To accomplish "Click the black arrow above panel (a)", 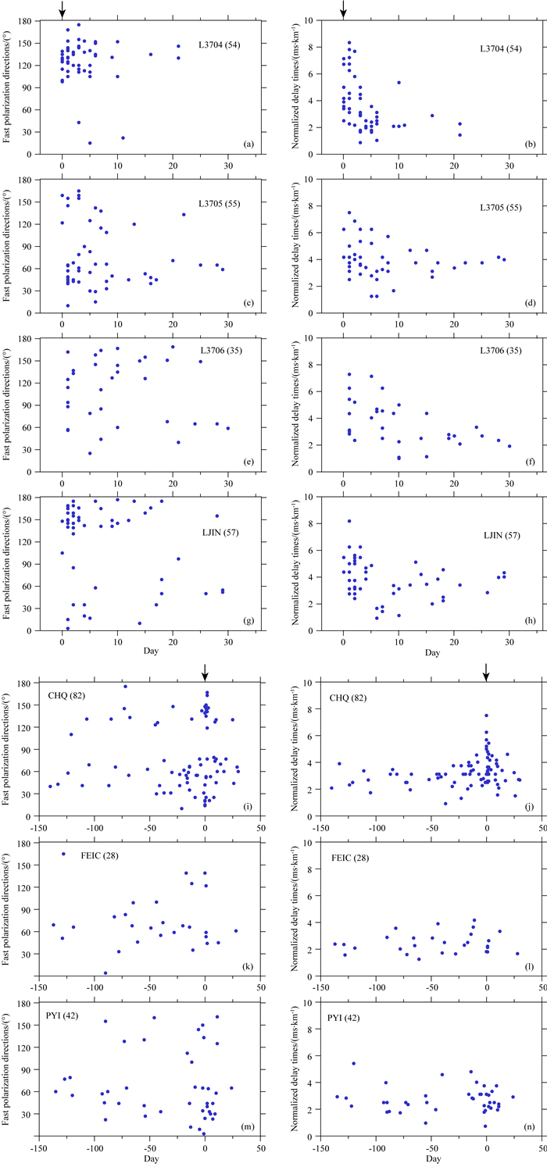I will tap(62, 9).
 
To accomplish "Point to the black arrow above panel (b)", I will tap(343, 9).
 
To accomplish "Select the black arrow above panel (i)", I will tap(205, 672).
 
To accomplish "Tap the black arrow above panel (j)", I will tap(486, 672).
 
